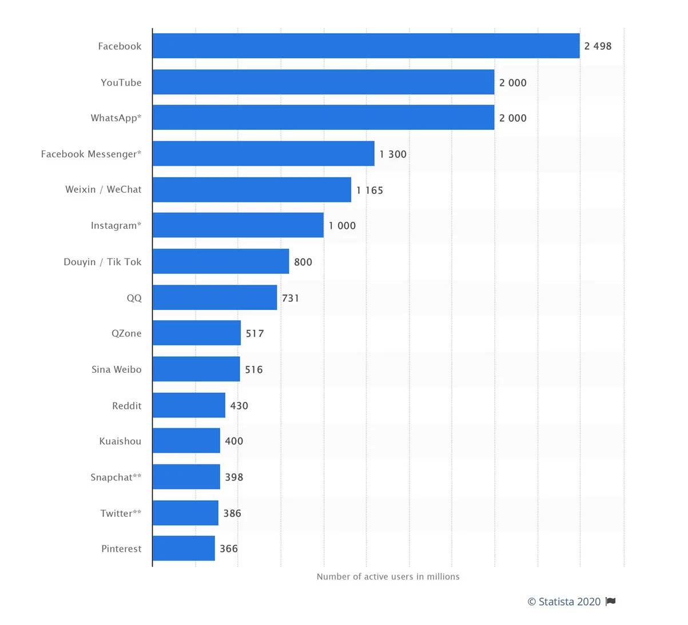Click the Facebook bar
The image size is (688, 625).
point(366,46)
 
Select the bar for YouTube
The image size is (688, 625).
point(323,82)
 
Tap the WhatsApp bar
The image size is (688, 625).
point(323,117)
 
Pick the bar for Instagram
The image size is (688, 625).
point(238,225)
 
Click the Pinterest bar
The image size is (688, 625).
point(184,548)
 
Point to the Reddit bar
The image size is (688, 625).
point(189,405)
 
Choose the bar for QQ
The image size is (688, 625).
point(214,297)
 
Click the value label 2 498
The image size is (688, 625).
point(598,46)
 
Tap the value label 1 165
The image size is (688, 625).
point(369,190)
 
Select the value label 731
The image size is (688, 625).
point(291,298)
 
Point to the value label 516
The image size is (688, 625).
point(254,369)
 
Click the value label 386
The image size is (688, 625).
point(232,513)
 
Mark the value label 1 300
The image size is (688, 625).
point(393,154)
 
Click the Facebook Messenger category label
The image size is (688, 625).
point(91,154)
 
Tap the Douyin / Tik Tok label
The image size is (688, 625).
point(102,262)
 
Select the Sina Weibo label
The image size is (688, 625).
point(116,369)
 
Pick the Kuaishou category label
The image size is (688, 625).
point(120,441)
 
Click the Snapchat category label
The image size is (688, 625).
point(116,477)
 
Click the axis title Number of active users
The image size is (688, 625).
point(388,576)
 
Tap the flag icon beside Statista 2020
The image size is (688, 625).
point(611,601)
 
